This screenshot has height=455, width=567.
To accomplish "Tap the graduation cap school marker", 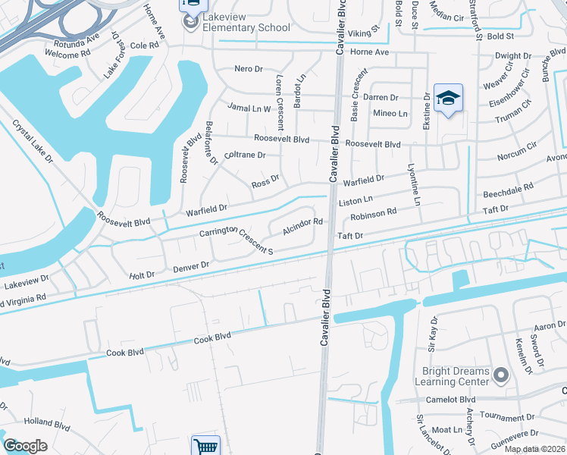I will pos(449,98).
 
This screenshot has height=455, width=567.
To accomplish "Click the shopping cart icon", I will pos(205,446).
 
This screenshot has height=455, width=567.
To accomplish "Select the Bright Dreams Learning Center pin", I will pos(500,375).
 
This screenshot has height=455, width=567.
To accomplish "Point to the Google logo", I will pos(25,446).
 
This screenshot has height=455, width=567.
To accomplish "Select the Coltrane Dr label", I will pos(245,155).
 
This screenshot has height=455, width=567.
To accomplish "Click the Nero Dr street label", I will pos(248,69).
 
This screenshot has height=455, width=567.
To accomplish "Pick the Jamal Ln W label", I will pos(249,108).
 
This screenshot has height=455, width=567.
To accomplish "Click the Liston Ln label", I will pos(356,200).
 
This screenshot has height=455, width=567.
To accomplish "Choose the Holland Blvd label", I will pos(47,422).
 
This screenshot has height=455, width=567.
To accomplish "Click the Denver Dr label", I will pos(190,267).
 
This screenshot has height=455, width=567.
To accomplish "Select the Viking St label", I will pos(363,34).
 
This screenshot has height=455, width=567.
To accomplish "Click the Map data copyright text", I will pos(534,449).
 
